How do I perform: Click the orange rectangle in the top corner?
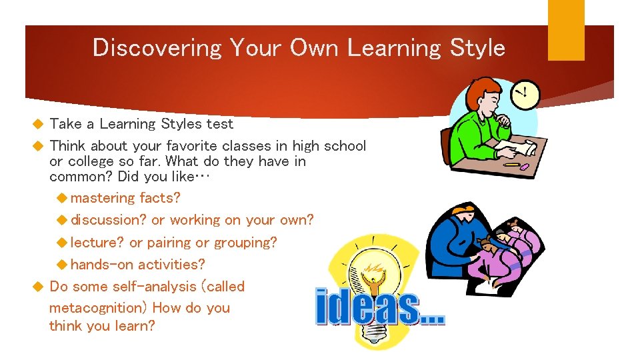[566, 30]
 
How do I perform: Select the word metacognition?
[97, 308]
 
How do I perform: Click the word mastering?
[103, 198]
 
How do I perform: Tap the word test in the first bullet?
[220, 124]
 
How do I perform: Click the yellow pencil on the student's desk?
[511, 164]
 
